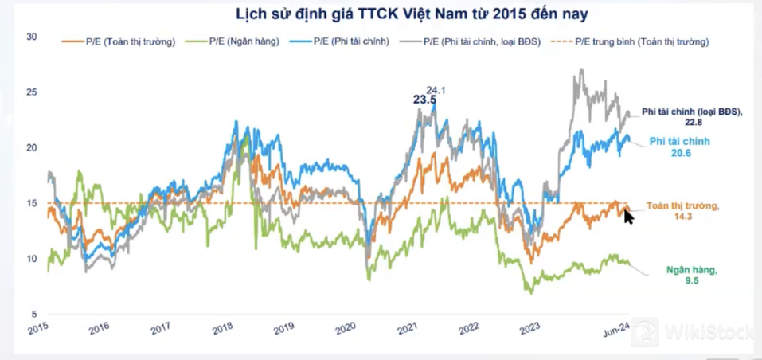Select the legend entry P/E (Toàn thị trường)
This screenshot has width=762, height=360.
[x=120, y=41]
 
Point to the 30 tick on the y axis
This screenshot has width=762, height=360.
[x=31, y=37]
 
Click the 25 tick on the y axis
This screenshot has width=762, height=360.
[x=31, y=92]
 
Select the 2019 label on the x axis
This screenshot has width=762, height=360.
[x=284, y=327]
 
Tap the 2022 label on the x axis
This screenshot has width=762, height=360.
[x=469, y=327]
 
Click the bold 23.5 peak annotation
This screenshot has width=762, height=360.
[x=424, y=100]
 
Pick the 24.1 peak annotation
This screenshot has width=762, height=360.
[x=436, y=90]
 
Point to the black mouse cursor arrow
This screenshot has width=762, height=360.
[x=627, y=215]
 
